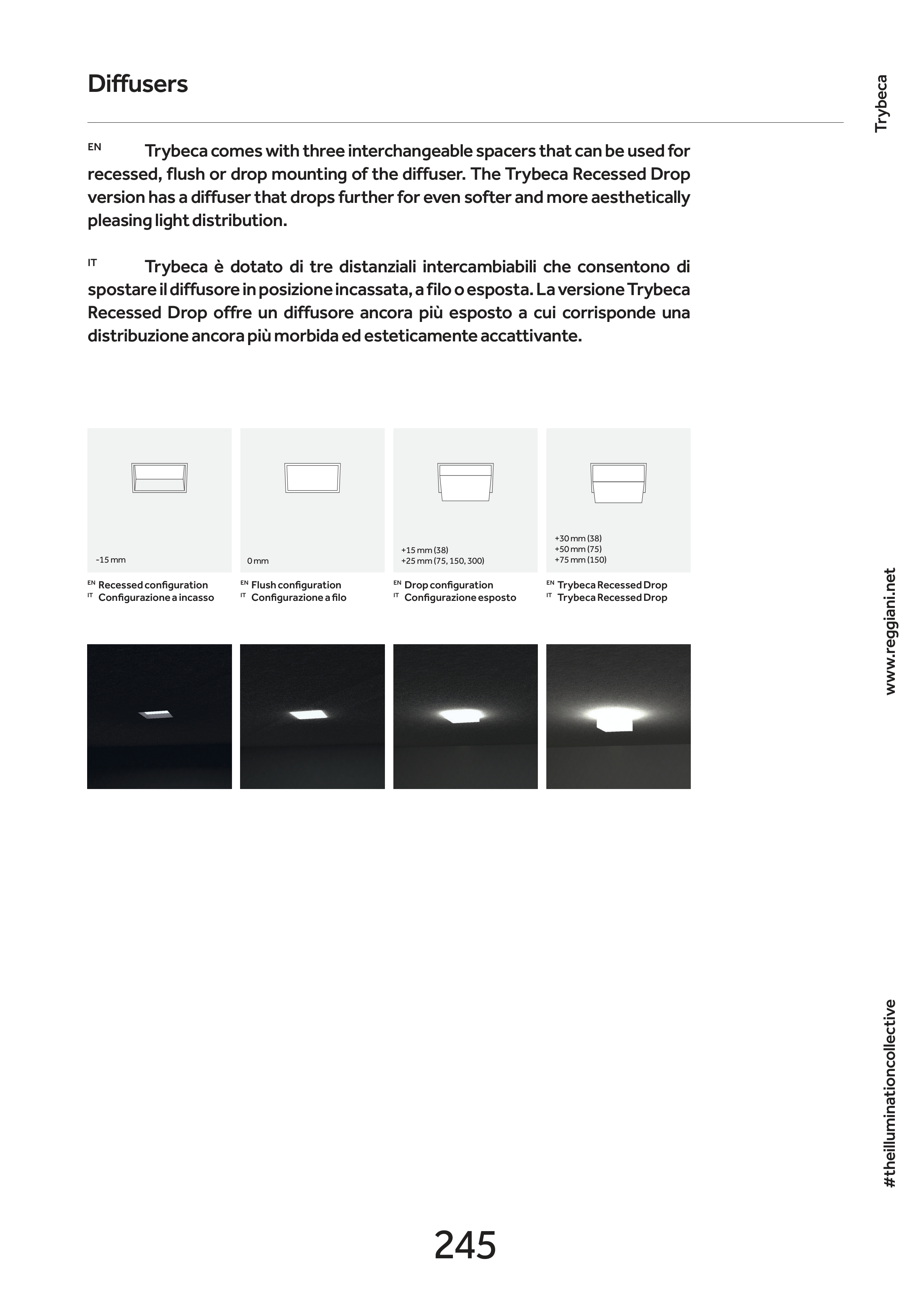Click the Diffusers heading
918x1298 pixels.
pyautogui.click(x=137, y=84)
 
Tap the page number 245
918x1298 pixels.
pyautogui.click(x=465, y=1245)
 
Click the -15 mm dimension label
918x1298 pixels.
pyautogui.click(x=111, y=560)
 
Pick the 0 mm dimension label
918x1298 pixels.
pyautogui.click(x=258, y=562)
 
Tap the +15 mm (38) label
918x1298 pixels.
pyautogui.click(x=425, y=550)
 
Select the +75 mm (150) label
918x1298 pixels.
pyautogui.click(x=581, y=560)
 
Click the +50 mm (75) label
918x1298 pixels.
pyautogui.click(x=578, y=549)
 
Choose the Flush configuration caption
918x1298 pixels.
pyautogui.click(x=296, y=585)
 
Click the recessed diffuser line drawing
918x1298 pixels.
pyautogui.click(x=160, y=478)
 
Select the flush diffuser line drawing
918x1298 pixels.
pyautogui.click(x=312, y=478)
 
